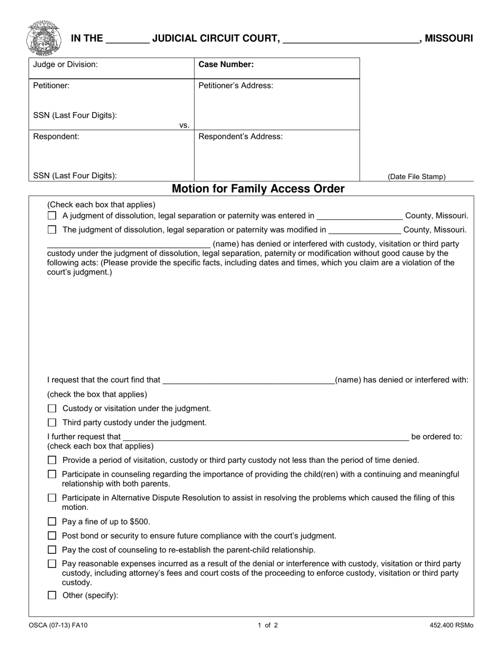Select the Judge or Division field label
[65, 65]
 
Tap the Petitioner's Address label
[235, 86]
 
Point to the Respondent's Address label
[240, 137]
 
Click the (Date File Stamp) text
[416, 177]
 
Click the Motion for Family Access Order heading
[258, 189]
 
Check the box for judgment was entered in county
[52, 216]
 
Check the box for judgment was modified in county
[52, 230]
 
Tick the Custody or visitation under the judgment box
[52, 409]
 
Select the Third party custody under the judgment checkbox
[52, 422]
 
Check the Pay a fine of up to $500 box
[52, 522]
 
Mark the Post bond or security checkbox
[52, 536]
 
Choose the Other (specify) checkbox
[52, 595]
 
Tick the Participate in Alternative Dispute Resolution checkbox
[52, 498]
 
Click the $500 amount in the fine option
[140, 522]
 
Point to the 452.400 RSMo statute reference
[451, 626]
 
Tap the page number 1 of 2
[267, 626]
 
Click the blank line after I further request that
[265, 437]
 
